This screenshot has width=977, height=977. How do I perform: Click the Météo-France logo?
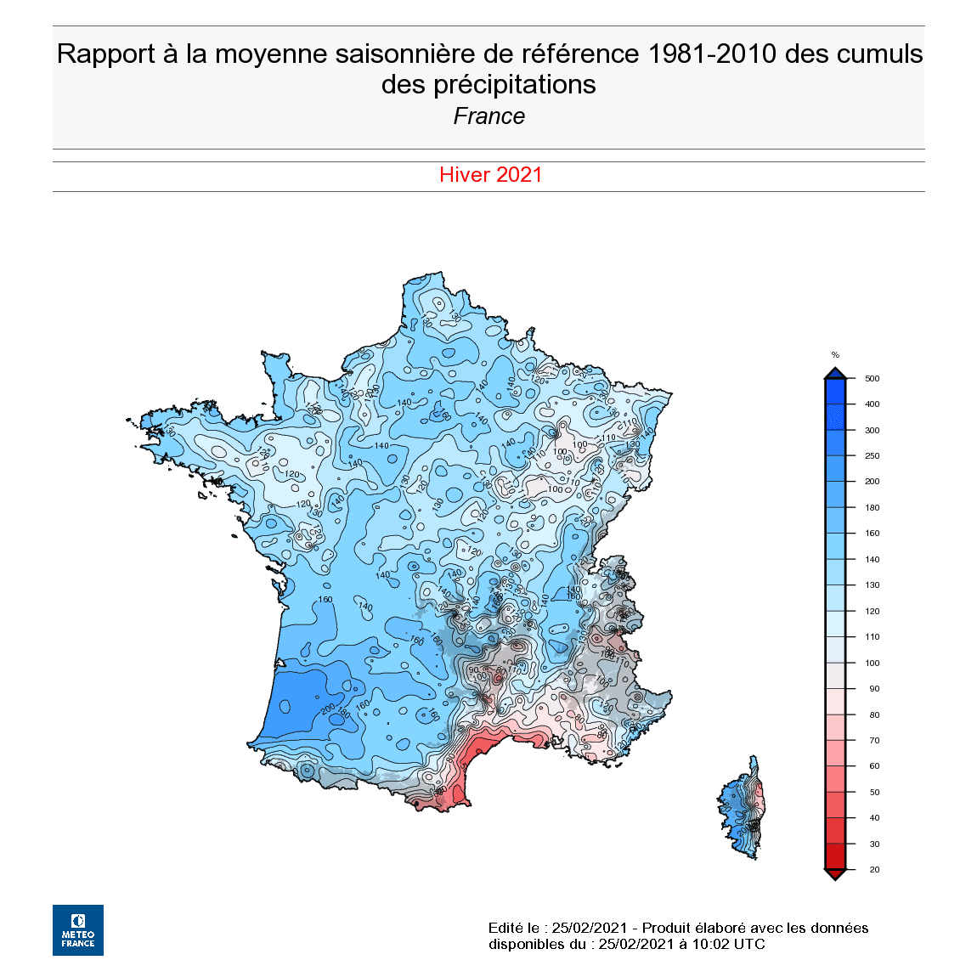click(78, 929)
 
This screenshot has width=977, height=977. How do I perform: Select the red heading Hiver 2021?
click(490, 175)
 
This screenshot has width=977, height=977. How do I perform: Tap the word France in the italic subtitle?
click(489, 116)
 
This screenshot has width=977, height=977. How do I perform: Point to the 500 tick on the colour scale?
click(872, 379)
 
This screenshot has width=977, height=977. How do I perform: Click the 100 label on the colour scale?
click(873, 663)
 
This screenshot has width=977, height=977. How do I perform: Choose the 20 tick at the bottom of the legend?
click(874, 870)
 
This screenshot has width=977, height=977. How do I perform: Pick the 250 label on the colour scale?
click(873, 456)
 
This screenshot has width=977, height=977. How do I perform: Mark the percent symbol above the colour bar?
click(835, 355)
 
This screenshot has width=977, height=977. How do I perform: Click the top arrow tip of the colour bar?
click(835, 371)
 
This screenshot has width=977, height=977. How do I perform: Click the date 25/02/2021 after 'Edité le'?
click(590, 928)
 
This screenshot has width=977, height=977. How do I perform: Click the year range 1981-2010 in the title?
click(712, 54)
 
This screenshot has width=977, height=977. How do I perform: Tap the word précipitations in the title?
click(515, 85)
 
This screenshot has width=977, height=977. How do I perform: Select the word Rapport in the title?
click(106, 54)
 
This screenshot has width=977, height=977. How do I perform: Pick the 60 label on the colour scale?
click(874, 766)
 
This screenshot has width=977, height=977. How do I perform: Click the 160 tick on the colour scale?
click(873, 534)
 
